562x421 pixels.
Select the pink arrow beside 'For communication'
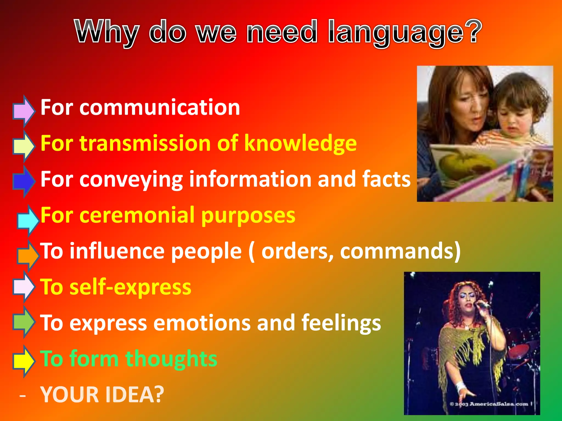point(24,111)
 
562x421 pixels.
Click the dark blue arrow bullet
point(24,181)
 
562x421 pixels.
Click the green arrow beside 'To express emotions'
point(24,322)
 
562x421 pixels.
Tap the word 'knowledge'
point(300,144)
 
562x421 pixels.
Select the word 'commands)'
point(400,251)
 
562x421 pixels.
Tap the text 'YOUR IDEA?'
point(102,395)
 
